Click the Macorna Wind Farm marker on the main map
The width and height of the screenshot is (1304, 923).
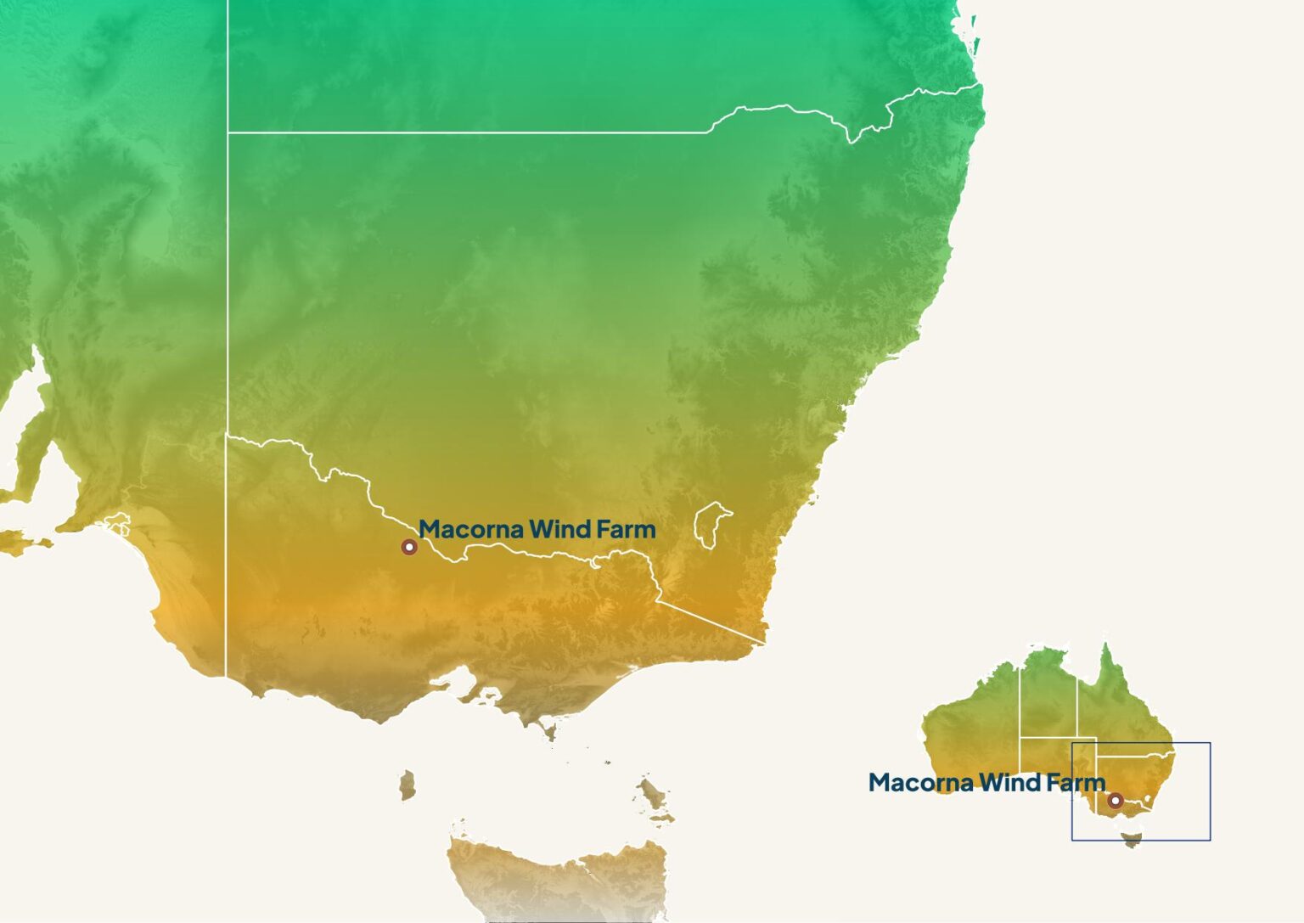(409, 547)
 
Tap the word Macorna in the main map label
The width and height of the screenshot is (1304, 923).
(470, 530)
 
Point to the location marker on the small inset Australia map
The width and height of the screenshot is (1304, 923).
(1116, 800)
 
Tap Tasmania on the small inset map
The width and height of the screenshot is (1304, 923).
(1132, 840)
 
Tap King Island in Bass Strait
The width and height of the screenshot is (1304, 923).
(408, 784)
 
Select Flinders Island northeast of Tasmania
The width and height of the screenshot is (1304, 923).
(653, 796)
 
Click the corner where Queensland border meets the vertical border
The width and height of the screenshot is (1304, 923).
(228, 132)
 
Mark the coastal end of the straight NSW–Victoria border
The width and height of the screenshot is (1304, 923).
(765, 643)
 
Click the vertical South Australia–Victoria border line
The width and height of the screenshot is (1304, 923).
(226, 577)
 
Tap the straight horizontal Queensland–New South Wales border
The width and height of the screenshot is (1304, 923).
(467, 132)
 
